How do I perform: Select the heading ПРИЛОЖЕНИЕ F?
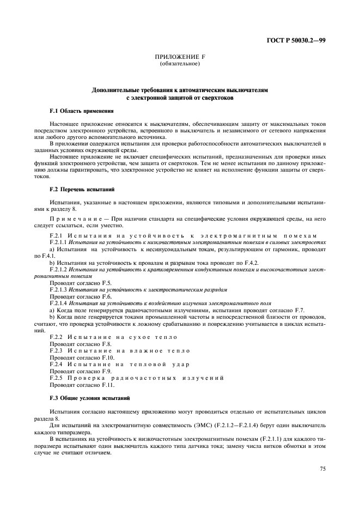(x=179, y=58)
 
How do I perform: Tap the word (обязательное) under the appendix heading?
(x=179, y=64)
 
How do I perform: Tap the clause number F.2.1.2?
(x=58, y=269)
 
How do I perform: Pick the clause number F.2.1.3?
(x=58, y=289)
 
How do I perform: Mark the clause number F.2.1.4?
(x=58, y=302)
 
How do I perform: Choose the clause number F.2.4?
(x=56, y=364)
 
